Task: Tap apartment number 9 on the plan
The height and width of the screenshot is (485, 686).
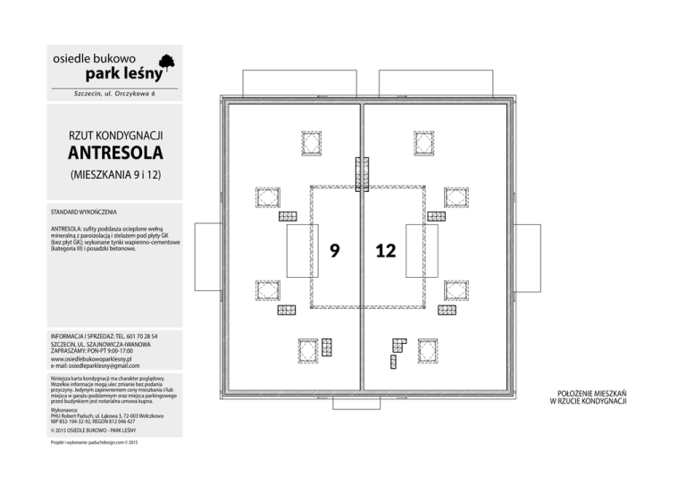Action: [333, 251]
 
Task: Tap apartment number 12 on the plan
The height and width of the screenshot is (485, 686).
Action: [385, 251]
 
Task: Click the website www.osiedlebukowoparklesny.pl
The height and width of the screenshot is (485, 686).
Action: [92, 358]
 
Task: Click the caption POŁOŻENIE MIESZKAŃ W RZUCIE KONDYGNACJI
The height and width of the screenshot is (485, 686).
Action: [593, 396]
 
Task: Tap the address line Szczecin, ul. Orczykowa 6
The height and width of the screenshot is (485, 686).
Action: [114, 93]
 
